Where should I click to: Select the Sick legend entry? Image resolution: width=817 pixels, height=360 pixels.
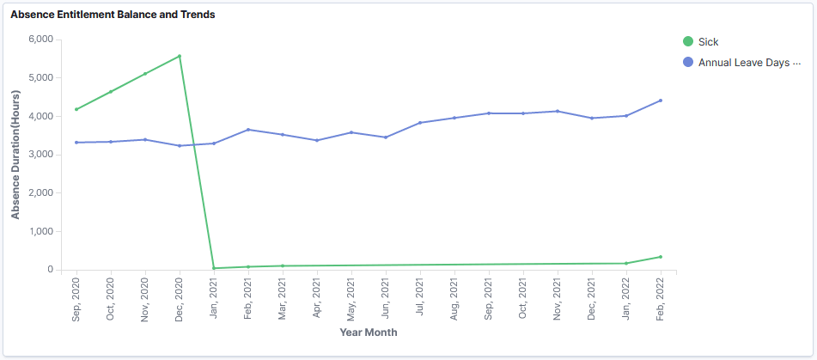coord(708,41)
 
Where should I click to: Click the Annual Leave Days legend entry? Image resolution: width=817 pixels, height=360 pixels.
coord(748,63)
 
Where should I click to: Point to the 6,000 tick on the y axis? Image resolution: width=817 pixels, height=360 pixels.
coord(40,40)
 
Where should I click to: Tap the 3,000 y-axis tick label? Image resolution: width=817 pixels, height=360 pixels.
coord(40,155)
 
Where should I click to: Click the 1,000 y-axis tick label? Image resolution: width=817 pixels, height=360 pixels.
coord(40,231)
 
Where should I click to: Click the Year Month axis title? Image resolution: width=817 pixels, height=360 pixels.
coord(369,333)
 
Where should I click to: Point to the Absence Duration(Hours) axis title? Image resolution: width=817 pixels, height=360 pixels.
coord(15,155)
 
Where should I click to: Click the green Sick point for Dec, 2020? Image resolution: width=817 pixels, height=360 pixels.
coord(180,57)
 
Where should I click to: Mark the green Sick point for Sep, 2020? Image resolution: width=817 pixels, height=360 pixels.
coord(76,109)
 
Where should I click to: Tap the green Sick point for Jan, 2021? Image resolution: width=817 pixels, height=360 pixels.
coord(214,268)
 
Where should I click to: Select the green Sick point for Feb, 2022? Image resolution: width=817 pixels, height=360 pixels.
coord(661,257)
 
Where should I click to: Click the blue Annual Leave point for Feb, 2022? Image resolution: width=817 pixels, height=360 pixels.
coord(661,101)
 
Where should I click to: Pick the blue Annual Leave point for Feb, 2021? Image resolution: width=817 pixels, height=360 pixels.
coord(248,130)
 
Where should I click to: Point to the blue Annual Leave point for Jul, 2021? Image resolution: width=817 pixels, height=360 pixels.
coord(420,123)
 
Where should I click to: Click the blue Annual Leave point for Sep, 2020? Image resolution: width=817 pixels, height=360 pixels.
coord(76,143)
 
